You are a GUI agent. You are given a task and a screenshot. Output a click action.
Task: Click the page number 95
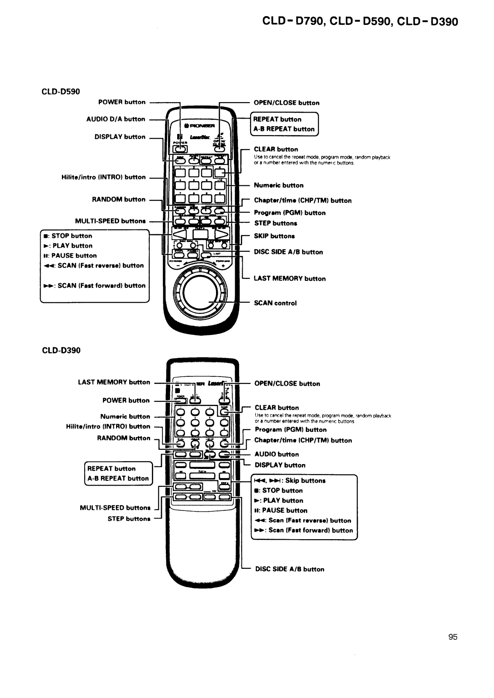point(453,637)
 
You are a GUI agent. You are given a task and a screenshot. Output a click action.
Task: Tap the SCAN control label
point(275,303)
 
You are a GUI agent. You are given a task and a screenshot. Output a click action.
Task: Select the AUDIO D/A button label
point(116,119)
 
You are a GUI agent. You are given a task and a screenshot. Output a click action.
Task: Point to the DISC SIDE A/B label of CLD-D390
point(289,569)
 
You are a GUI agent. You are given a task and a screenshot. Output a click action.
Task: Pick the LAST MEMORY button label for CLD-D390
point(113,382)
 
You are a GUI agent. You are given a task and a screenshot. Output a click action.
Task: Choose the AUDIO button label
point(277,454)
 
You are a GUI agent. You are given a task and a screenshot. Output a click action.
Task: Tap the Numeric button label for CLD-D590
point(278,185)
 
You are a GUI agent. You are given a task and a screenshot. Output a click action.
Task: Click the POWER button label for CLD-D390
point(126,400)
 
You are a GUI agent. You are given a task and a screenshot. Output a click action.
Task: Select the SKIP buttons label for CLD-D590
point(274,236)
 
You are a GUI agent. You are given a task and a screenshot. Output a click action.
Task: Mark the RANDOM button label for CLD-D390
point(123,438)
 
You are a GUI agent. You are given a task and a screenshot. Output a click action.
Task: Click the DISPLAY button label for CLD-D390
point(280,465)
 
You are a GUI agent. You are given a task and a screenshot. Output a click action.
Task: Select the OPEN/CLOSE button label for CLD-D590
point(286,103)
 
